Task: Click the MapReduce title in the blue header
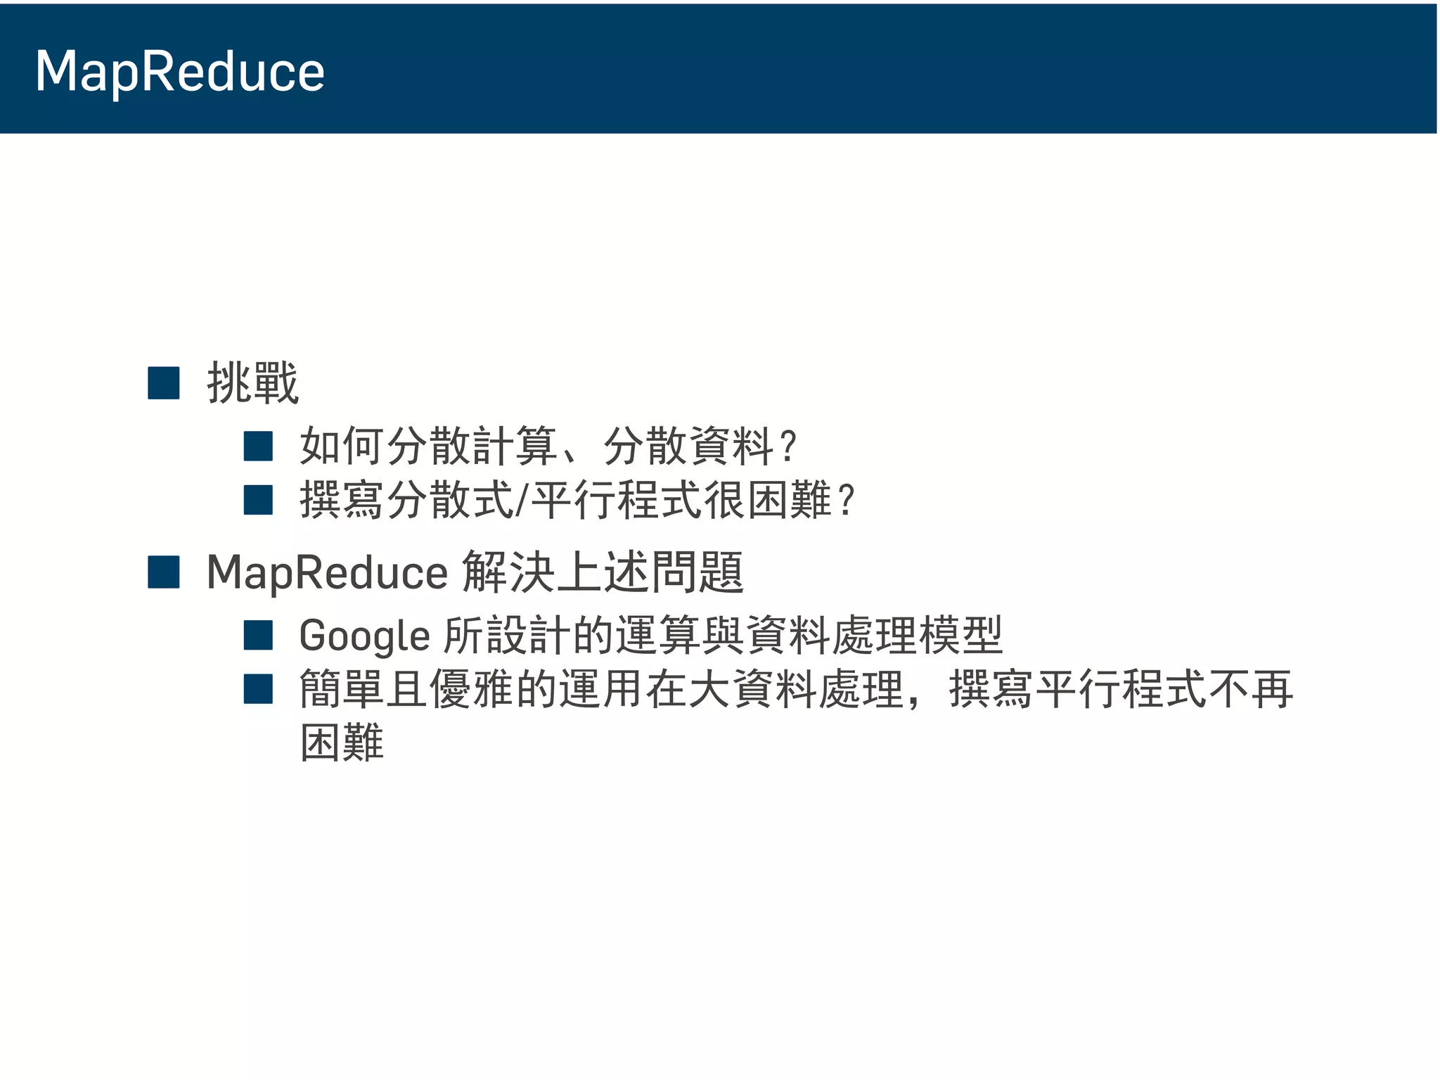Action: [x=180, y=72]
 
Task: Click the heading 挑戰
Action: [x=252, y=383]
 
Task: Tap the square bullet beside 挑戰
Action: [x=164, y=383]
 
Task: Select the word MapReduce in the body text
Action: [x=327, y=572]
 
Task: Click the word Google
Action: [x=364, y=636]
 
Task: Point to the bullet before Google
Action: [x=258, y=635]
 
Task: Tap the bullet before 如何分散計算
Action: [x=258, y=446]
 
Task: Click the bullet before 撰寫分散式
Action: [x=258, y=500]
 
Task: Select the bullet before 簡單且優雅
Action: [x=258, y=689]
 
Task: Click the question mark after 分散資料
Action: [x=788, y=446]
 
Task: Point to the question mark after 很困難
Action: [x=847, y=500]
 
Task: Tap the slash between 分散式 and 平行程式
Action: [x=521, y=500]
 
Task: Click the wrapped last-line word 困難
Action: [x=342, y=742]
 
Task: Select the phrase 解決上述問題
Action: [x=603, y=572]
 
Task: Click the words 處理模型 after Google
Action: [x=917, y=636]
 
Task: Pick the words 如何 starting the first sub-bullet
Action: [x=342, y=446]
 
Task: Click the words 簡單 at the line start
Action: [x=342, y=689]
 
